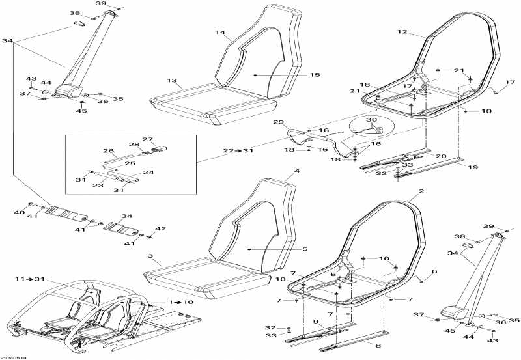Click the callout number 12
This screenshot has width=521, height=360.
coord(402,32)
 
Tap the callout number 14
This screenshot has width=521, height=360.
coord(220,33)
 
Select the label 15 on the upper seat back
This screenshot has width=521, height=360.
coord(315,75)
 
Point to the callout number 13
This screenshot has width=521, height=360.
coord(172,81)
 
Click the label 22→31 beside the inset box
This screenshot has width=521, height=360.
coord(238,151)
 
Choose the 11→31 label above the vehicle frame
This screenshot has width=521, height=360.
coord(29,279)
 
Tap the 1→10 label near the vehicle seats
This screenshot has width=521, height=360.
coord(180,302)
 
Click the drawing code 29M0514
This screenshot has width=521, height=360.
coord(13,357)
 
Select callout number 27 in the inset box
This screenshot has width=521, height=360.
coord(147,139)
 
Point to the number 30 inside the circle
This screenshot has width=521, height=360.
coord(371,120)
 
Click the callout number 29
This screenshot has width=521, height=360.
coord(278,122)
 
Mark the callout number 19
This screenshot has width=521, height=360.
coord(473,167)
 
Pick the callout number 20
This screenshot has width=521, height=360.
coord(441,156)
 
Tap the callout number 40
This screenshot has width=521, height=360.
coord(20,212)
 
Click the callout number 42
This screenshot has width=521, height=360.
coord(161,229)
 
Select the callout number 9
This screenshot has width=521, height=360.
coord(316,322)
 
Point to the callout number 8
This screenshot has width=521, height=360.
coord(378,346)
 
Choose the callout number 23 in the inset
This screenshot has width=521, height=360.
coord(98,186)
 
